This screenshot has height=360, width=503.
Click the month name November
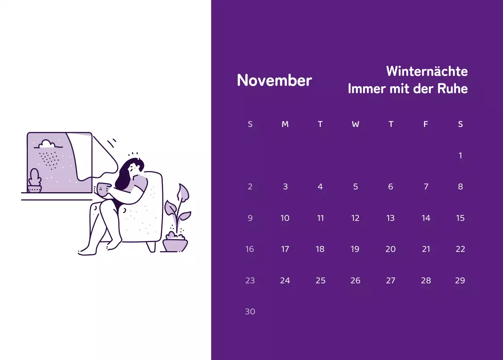[x=274, y=81]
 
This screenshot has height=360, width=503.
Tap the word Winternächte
[x=427, y=71]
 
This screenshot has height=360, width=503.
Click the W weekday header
[x=355, y=124]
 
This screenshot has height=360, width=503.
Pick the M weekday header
[x=285, y=124]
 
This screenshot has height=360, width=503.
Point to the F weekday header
[x=426, y=124]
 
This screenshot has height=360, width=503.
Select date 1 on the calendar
[x=460, y=156]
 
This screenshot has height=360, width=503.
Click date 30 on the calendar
[x=250, y=312]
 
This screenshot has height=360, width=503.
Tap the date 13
[x=390, y=218]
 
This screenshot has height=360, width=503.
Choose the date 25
[x=320, y=281]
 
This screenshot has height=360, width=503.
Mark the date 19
[x=355, y=249]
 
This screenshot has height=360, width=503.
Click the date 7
[x=426, y=187]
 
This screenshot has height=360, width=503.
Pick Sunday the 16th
[x=250, y=249]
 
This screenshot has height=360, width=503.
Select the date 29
[x=460, y=281]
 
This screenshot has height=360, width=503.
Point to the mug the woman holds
[x=103, y=189]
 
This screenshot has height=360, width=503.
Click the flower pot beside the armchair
[x=175, y=244]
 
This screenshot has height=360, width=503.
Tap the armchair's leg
[x=151, y=246]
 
